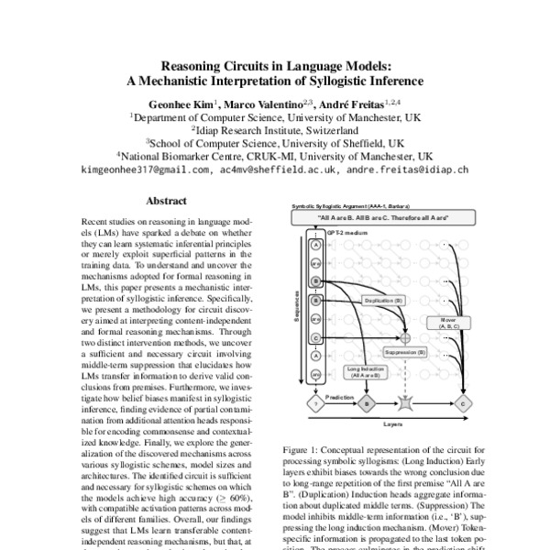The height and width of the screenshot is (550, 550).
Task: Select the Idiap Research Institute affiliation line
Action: (x=274, y=130)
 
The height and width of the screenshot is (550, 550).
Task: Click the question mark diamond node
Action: (x=315, y=401)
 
